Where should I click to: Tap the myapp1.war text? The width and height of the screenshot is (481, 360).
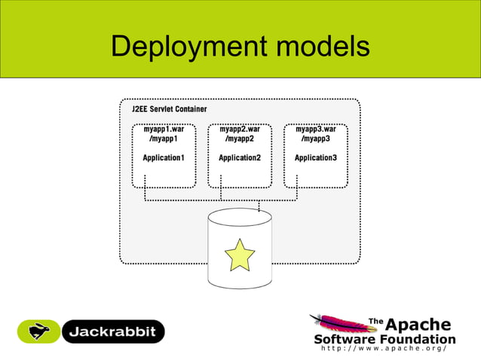(164, 129)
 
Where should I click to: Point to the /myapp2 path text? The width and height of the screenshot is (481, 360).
(239, 139)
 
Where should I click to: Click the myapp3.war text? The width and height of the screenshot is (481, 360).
(315, 129)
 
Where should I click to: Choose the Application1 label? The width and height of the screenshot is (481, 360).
(164, 157)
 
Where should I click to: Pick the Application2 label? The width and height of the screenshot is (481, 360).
(239, 157)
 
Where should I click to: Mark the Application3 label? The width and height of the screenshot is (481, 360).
(315, 157)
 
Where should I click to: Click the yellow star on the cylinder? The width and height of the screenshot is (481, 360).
(240, 254)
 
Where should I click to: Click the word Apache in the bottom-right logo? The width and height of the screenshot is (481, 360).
(418, 325)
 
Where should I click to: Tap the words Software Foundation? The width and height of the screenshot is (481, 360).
(384, 338)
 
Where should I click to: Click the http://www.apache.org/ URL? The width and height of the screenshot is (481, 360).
(384, 349)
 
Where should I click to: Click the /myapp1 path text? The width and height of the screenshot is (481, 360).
(164, 139)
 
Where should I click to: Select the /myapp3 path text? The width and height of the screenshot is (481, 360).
(315, 139)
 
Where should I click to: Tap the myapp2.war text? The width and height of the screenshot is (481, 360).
(239, 129)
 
